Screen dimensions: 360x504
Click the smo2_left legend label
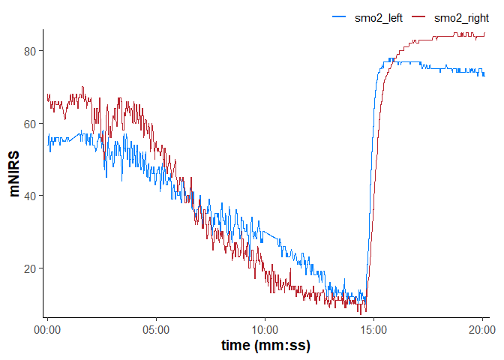(379, 18)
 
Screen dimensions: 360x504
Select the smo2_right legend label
(461, 18)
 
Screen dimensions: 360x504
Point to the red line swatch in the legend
(418, 18)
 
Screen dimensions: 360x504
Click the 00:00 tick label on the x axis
(48, 328)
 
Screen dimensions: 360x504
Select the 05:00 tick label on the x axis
(157, 328)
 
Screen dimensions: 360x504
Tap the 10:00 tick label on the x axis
(265, 328)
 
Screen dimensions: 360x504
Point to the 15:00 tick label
(374, 328)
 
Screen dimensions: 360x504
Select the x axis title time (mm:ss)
(265, 346)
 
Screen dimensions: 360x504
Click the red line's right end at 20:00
(484, 34)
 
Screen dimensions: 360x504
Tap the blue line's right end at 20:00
(484, 73)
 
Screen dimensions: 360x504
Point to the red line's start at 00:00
(47, 95)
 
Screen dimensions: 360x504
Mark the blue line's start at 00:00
(47, 136)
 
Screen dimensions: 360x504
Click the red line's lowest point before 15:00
(365, 311)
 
